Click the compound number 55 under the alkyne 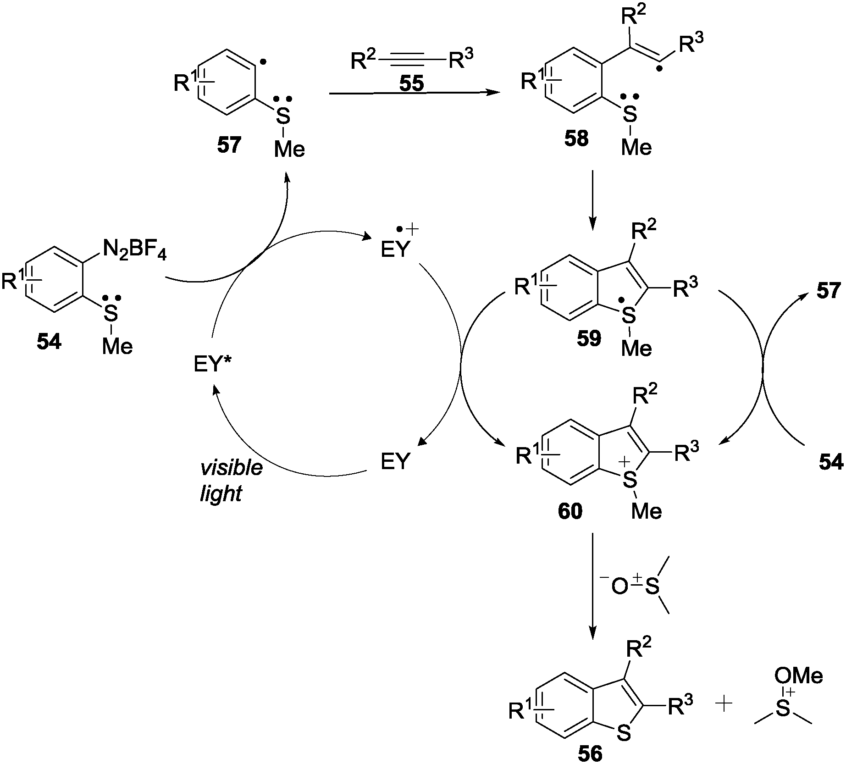(411, 83)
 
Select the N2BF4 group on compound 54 (134, 250)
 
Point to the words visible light (231, 481)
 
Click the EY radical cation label (395, 250)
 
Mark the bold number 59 (589, 338)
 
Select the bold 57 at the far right (829, 291)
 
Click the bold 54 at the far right (831, 464)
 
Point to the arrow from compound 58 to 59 (592, 199)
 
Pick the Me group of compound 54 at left (117, 346)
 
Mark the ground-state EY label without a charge (395, 461)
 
